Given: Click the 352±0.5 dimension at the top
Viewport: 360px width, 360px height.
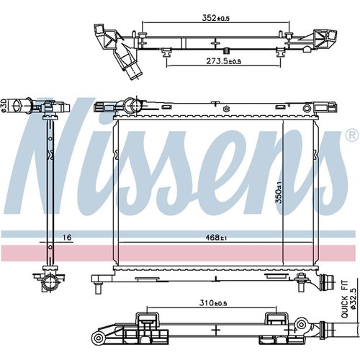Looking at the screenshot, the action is [x=216, y=18].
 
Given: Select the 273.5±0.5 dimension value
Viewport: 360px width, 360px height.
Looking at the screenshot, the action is [x=223, y=61].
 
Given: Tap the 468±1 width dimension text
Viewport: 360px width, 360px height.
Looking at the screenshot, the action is [x=216, y=238].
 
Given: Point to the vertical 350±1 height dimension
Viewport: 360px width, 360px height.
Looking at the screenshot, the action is [x=279, y=192].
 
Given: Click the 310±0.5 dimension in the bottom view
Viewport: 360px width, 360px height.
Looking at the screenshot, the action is [x=213, y=303].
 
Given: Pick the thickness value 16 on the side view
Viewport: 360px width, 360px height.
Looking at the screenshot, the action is [x=67, y=238].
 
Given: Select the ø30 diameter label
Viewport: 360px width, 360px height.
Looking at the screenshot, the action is [x=4, y=105].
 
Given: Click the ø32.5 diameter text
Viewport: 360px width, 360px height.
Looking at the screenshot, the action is [x=353, y=297].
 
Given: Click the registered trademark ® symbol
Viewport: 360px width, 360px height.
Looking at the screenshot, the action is [x=352, y=136].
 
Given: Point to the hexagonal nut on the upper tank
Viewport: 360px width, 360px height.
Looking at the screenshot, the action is [x=226, y=109].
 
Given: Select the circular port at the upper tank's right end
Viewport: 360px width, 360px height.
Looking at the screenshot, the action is [x=307, y=108].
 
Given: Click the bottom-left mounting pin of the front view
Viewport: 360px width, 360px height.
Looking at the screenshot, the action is [x=98, y=288].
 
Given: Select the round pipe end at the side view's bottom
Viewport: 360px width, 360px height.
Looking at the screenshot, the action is [x=50, y=284].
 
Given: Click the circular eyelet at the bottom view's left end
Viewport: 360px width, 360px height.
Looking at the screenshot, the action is [x=98, y=338].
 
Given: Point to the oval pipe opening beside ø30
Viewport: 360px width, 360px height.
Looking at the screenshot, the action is [x=17, y=105].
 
